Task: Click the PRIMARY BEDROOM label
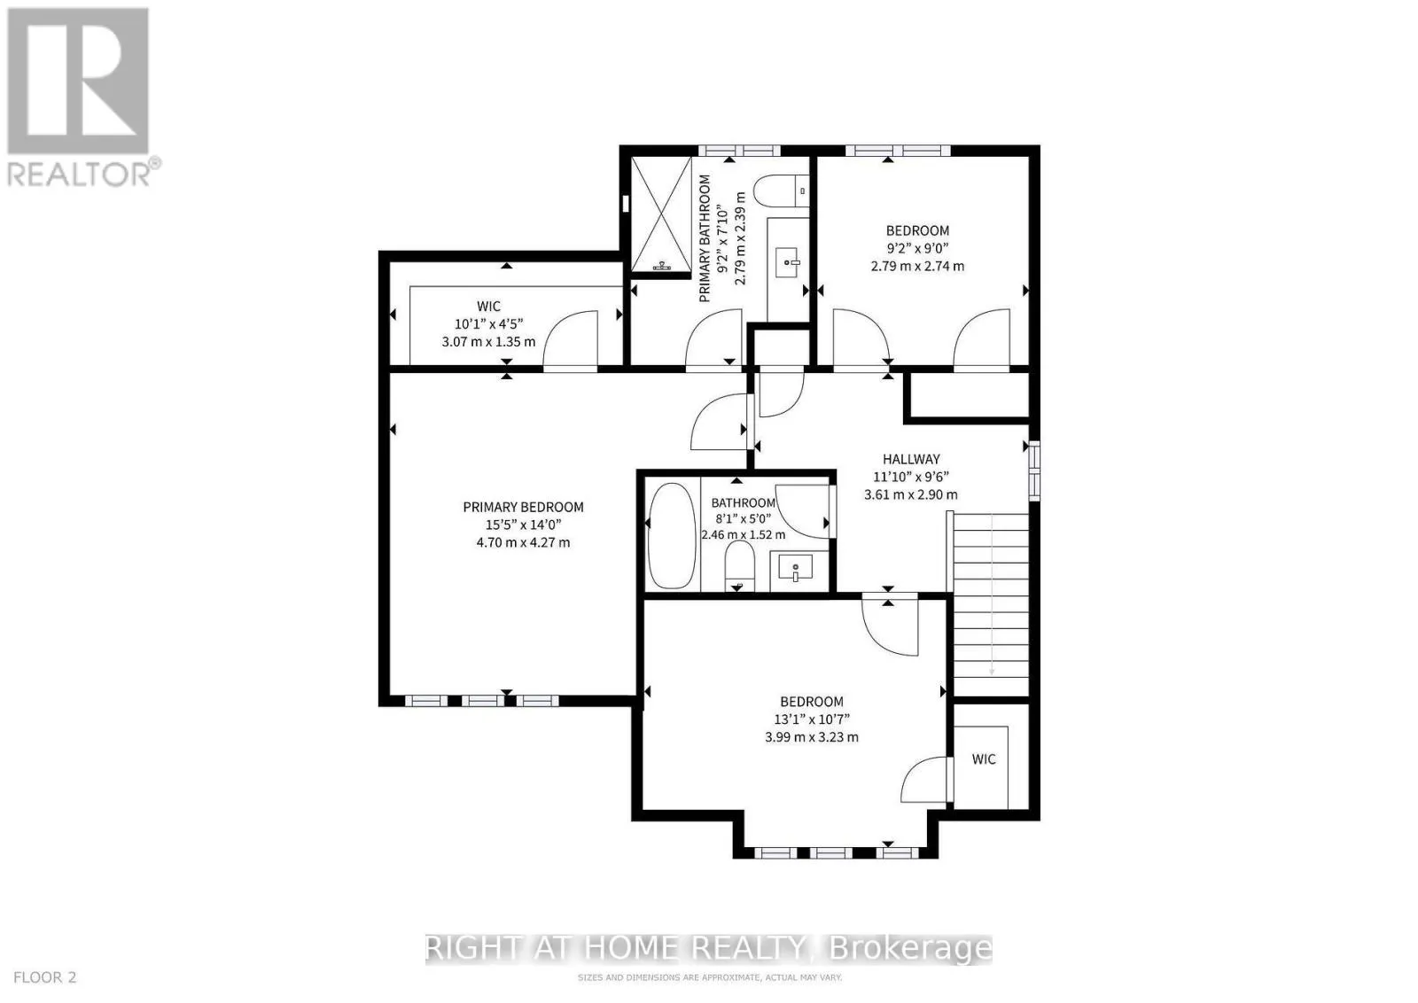(x=523, y=507)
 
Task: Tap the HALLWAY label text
(x=911, y=459)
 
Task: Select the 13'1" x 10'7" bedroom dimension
(x=812, y=719)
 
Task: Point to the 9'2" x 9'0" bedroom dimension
(x=917, y=248)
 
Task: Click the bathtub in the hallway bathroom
(x=673, y=535)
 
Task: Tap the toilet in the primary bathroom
(x=781, y=190)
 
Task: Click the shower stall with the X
(x=661, y=214)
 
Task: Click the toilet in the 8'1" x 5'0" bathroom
(x=739, y=565)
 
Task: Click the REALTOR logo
(x=81, y=98)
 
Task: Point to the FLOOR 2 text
(x=45, y=977)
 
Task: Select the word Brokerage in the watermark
(x=910, y=948)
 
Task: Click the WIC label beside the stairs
(x=984, y=758)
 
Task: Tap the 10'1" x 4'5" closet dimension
(x=488, y=324)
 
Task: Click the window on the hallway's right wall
(x=1033, y=470)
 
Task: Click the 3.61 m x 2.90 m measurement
(x=911, y=495)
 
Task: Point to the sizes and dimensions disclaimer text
(x=710, y=977)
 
